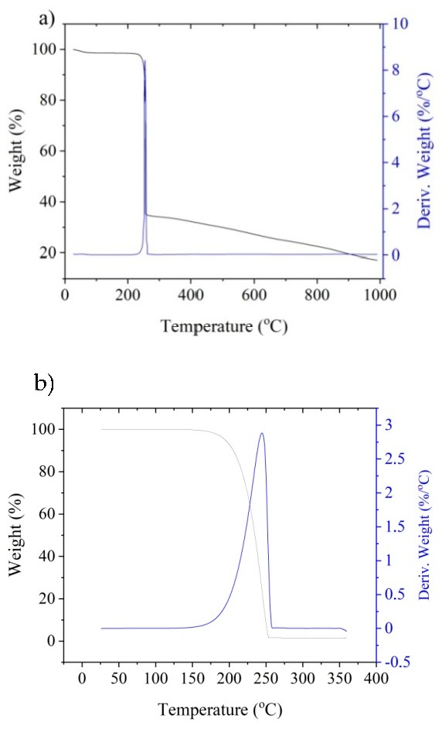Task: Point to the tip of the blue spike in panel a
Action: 144,61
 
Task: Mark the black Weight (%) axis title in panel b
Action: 16,533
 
